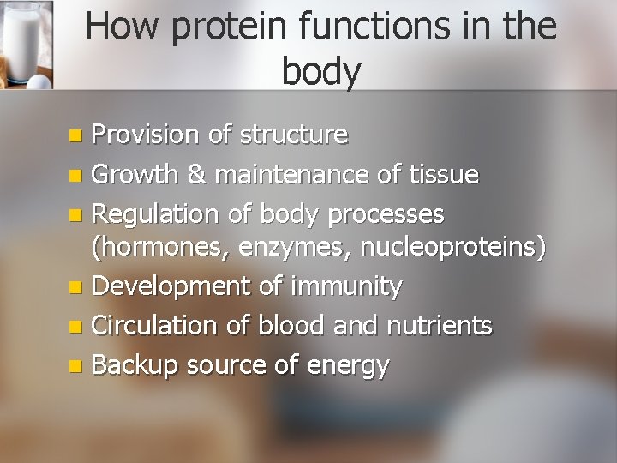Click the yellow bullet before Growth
[x=76, y=177]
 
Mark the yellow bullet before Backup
[x=76, y=366]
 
